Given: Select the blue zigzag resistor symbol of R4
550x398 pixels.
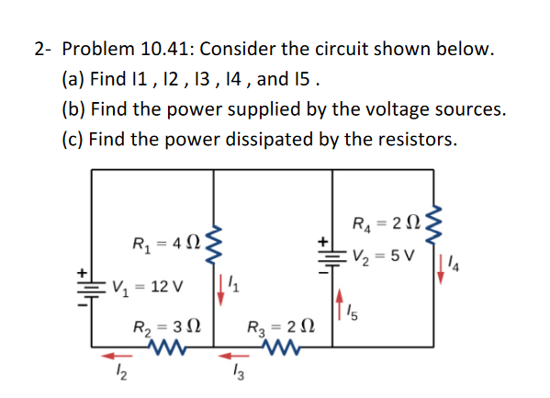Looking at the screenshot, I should pos(432,223).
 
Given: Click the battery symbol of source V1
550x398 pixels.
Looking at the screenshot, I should pos(92,287).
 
